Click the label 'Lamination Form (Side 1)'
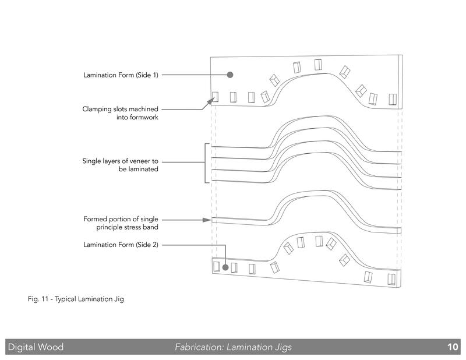pyautogui.click(x=121, y=75)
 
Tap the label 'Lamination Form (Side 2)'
pyautogui.click(x=121, y=245)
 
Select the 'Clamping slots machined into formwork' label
pyautogui.click(x=121, y=113)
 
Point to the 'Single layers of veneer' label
pyautogui.click(x=121, y=165)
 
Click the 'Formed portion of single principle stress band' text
pyautogui.click(x=121, y=223)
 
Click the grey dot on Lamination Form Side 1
pyautogui.click(x=230, y=75)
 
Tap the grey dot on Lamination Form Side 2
pyautogui.click(x=225, y=267)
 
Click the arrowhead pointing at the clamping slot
pyautogui.click(x=210, y=102)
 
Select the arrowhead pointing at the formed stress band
pyautogui.click(x=207, y=220)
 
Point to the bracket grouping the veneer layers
pyautogui.click(x=205, y=163)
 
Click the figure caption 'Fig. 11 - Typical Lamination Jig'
pyautogui.click(x=76, y=299)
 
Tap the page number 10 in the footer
pyautogui.click(x=453, y=347)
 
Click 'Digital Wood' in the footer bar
pyautogui.click(x=36, y=347)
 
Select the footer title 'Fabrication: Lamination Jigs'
pyautogui.click(x=234, y=347)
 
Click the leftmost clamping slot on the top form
pyautogui.click(x=215, y=97)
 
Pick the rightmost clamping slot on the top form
pyautogui.click(x=393, y=99)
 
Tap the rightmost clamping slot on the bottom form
pyautogui.click(x=391, y=279)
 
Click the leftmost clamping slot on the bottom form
pyautogui.click(x=216, y=267)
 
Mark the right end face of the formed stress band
pyautogui.click(x=399, y=230)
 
